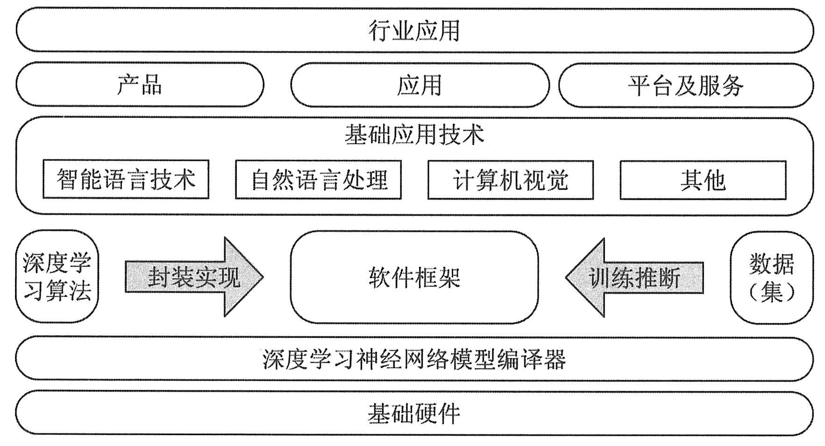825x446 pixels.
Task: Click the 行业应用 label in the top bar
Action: point(414,31)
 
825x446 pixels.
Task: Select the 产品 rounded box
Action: point(140,85)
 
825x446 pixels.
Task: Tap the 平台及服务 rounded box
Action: point(685,86)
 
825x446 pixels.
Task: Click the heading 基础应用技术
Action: point(414,135)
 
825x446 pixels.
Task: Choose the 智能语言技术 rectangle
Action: point(126,180)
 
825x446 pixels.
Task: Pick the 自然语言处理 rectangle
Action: point(318,180)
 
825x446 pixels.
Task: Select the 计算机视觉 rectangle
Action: point(511,180)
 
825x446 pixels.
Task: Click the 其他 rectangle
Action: point(703,180)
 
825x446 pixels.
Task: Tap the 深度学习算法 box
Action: point(57,276)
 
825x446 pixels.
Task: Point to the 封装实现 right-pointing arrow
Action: point(192,277)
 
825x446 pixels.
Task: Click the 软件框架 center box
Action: point(414,277)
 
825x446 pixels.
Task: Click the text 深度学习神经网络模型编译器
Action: point(414,359)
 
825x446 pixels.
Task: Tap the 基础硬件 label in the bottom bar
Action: point(414,413)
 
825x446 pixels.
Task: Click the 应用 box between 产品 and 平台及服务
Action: point(419,85)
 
